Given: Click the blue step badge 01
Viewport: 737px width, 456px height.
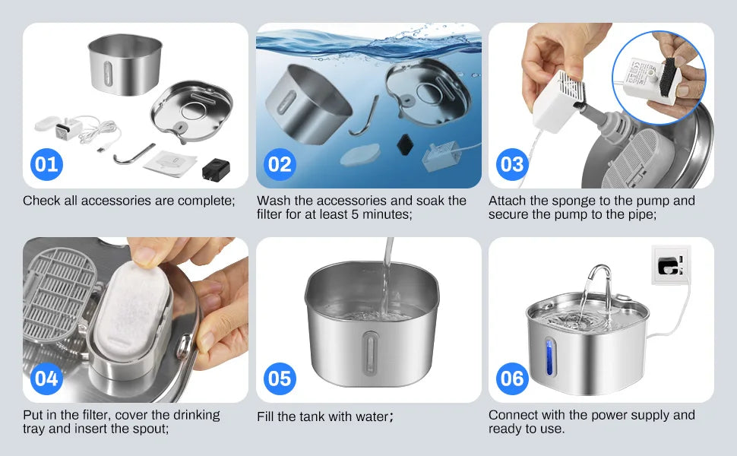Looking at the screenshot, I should pos(46,164).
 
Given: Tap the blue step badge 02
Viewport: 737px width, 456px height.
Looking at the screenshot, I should pos(280,164).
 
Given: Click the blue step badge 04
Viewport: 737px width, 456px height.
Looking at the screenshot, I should pos(46,378).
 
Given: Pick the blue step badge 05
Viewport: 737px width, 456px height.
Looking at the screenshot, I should pos(280,378).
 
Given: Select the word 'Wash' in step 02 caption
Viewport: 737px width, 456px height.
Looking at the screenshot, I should pos(274,201).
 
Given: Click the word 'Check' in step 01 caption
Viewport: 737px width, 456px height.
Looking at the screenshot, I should pos(41,201).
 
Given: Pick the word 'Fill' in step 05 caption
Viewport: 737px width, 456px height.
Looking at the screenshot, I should pos(267,416).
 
